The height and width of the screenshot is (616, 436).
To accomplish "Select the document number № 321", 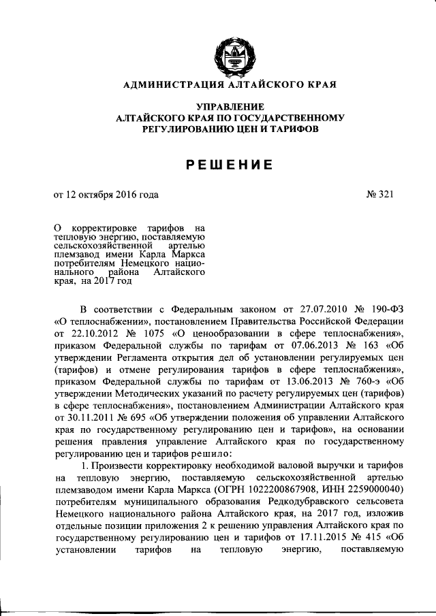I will (x=379, y=195).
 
